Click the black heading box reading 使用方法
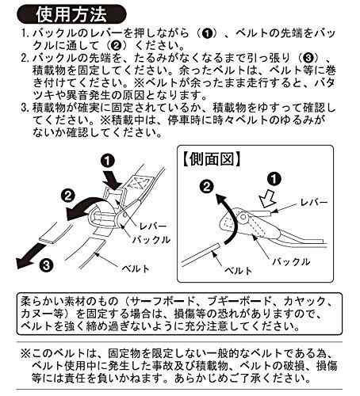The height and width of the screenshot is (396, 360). (75, 13)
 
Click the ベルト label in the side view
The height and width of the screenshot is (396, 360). (238, 270)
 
